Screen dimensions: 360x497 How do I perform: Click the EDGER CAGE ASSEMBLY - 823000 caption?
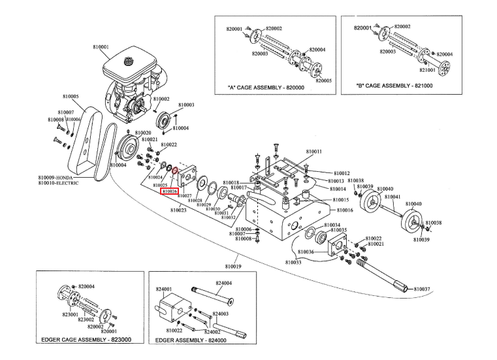[86, 340]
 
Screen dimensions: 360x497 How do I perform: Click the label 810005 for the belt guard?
[71, 97]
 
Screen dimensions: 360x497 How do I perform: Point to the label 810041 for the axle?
[393, 197]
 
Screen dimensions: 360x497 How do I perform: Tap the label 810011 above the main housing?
[313, 152]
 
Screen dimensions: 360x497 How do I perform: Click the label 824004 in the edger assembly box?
[224, 283]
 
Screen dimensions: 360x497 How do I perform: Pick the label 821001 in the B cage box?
[427, 69]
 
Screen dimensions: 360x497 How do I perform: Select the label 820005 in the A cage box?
[324, 80]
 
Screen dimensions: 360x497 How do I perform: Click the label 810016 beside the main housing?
[345, 210]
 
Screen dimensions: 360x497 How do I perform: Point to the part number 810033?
[294, 262]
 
